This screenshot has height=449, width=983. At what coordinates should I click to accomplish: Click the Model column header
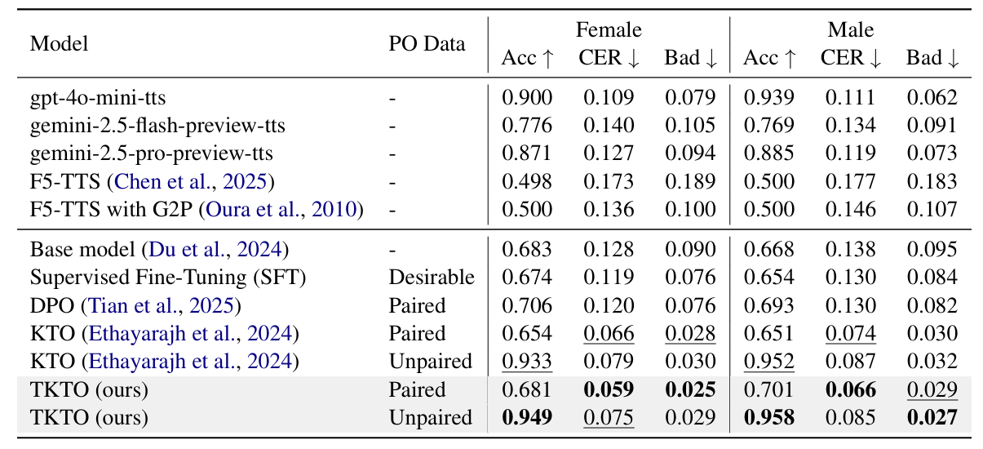[59, 43]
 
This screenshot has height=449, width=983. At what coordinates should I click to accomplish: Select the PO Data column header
[427, 43]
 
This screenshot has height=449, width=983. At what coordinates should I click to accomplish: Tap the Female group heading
[609, 30]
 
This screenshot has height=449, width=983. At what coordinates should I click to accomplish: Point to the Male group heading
[851, 30]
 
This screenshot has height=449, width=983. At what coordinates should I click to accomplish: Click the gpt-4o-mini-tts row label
[98, 97]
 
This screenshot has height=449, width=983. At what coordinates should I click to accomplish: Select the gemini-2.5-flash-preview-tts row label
[157, 126]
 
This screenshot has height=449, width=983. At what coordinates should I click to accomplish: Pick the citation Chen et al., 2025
[190, 181]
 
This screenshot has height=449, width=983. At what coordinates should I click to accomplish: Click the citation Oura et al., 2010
[281, 209]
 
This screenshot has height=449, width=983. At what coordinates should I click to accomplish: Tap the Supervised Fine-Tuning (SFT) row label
[168, 278]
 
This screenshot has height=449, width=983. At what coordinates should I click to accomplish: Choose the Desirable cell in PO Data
[432, 278]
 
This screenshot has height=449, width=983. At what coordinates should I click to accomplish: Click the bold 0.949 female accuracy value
[527, 417]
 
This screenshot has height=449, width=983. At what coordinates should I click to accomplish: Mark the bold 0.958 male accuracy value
[768, 417]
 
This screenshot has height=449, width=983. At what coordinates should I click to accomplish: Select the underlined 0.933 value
[527, 361]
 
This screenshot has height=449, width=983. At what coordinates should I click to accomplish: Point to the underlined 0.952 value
[768, 361]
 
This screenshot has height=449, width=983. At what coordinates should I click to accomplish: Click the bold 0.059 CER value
[609, 389]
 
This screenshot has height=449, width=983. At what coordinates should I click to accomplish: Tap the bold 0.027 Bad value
[932, 417]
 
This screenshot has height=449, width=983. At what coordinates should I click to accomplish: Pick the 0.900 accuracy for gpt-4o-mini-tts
[527, 97]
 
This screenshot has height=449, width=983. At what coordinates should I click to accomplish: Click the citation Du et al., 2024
[215, 250]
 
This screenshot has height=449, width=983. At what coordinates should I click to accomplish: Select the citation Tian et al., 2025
[161, 305]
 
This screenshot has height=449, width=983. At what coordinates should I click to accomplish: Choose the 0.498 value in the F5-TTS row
[527, 181]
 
